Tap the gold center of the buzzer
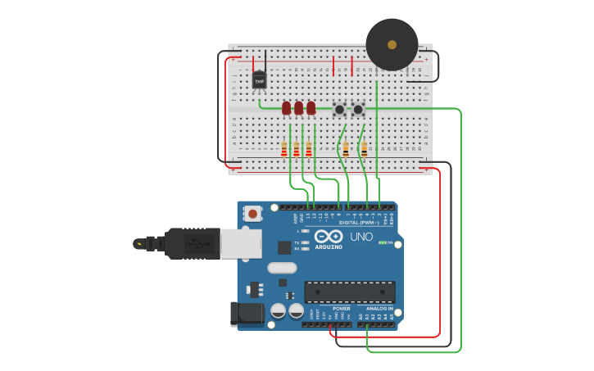coord(392,44)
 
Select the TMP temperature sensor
coord(260,80)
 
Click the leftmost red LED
coord(286,108)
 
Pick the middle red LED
coord(298,108)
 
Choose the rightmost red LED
coord(311,108)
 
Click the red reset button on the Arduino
coord(252,214)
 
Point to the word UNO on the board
coord(361,237)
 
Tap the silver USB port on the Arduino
coord(241,243)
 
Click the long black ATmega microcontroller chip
coord(350,292)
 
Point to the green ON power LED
coord(382,242)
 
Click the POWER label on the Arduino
coord(342,309)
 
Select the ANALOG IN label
coord(379,309)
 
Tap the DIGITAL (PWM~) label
coord(359,223)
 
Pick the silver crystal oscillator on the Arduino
coord(281,267)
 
